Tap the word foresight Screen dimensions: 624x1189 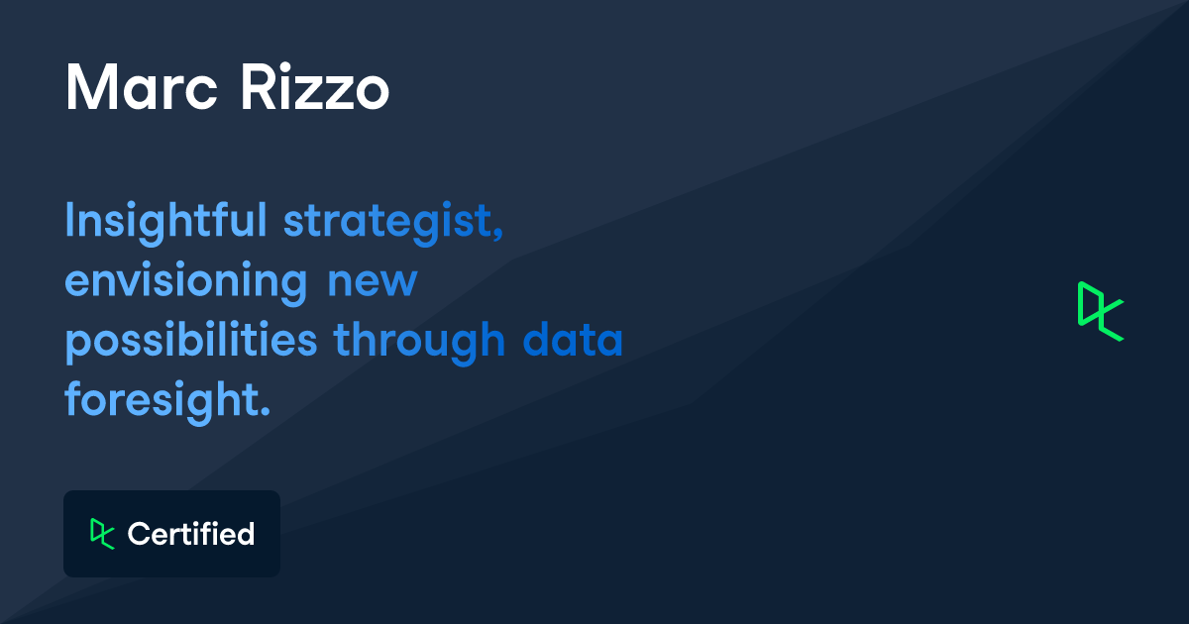163,400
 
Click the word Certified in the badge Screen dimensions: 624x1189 190,534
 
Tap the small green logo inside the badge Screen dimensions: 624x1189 102,533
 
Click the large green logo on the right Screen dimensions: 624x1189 1100,311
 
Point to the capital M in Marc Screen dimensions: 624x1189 86,88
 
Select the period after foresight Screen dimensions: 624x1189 265,411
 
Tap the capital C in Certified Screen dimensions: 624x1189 137,534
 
